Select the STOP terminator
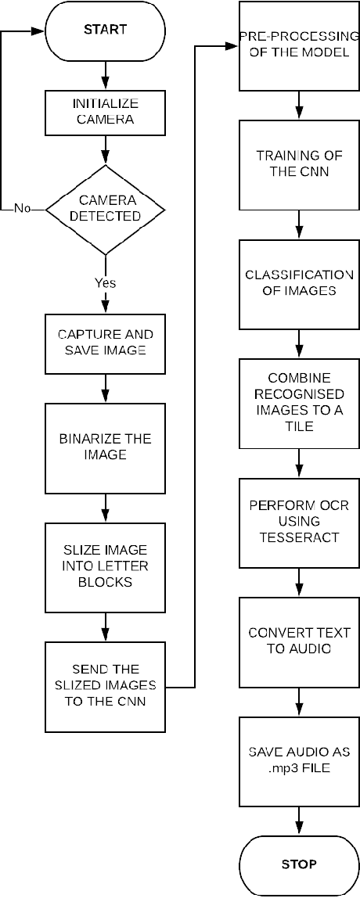tap(298, 864)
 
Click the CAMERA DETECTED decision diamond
tap(105, 208)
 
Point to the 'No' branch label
tap(22, 209)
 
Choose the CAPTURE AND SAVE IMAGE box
tap(104, 343)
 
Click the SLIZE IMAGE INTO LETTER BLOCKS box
tap(104, 566)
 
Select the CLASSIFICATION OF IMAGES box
tap(298, 283)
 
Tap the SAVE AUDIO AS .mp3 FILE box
tap(298, 760)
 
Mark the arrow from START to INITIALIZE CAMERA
tap(105, 77)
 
